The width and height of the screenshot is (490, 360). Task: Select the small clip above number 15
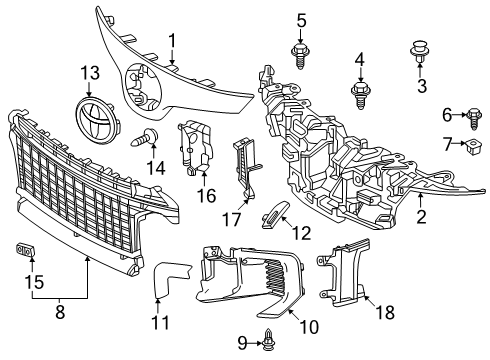(26, 248)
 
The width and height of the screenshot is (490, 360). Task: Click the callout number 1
(171, 41)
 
